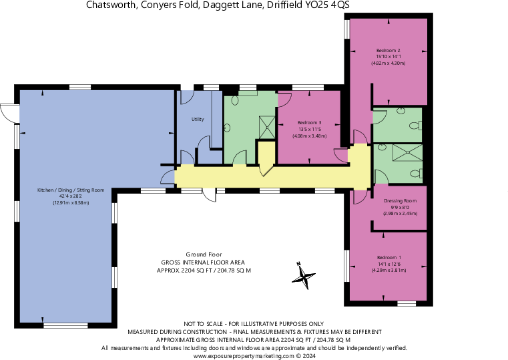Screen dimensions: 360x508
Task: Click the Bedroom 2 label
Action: pos(388,51)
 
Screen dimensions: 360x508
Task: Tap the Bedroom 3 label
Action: pos(309,123)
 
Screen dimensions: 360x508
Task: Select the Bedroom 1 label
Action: pos(389,258)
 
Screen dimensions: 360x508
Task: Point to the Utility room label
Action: pos(198,120)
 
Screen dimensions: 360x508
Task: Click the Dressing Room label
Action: pos(400,201)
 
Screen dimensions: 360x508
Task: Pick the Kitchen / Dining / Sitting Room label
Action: pos(71,190)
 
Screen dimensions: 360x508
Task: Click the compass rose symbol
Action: pos(305,276)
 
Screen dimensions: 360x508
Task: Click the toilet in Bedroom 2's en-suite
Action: pos(415,124)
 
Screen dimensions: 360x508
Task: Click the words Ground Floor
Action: pos(204,254)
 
